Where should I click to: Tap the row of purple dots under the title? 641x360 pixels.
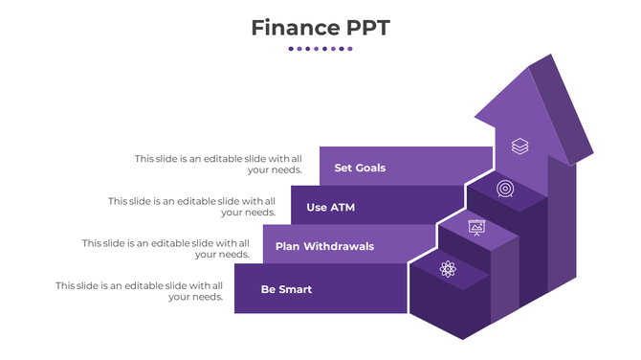[x=320, y=49]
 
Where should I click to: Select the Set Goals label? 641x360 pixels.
[x=360, y=168]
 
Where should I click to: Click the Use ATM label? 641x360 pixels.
[x=330, y=207]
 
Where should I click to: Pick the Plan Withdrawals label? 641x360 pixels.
[x=324, y=246]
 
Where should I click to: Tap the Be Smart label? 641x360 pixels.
[x=286, y=289]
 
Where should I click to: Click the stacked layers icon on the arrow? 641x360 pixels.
[x=519, y=146]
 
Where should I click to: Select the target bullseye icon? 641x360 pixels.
[x=505, y=190]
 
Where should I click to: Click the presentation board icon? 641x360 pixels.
[x=476, y=227]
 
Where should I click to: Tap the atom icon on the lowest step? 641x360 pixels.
[x=448, y=269]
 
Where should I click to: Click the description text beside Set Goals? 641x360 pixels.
[x=219, y=164]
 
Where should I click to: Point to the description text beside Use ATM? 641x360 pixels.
[x=192, y=206]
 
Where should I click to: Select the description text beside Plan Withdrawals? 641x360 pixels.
[x=166, y=248]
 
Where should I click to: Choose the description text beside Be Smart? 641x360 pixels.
[x=140, y=290]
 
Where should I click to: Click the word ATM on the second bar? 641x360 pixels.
[x=342, y=207]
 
